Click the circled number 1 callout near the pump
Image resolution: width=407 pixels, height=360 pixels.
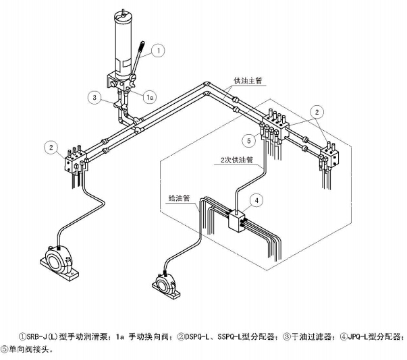coord(158,49)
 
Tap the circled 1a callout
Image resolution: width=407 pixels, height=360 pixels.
coord(151,97)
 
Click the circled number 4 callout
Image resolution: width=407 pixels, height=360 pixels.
coord(256,200)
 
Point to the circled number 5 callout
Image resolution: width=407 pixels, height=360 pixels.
coord(249,141)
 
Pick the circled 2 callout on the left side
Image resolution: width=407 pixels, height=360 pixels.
coord(49,146)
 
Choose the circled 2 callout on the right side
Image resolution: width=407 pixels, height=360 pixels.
coord(318,111)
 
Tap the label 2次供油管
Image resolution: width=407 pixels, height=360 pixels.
coord(236,160)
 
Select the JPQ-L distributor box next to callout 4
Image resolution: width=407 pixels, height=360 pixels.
coord(236,222)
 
